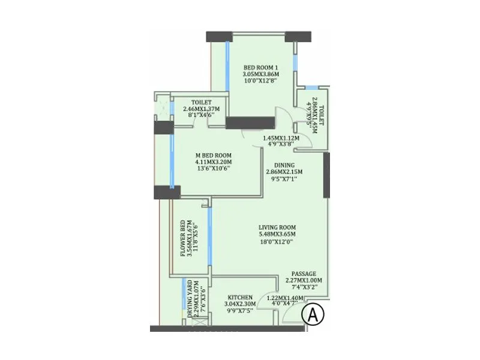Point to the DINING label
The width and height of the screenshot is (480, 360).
click(284, 164)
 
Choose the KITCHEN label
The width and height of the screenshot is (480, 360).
click(240, 297)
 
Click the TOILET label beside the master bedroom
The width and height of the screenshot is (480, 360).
click(202, 102)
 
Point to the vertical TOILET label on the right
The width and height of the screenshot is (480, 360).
click(322, 114)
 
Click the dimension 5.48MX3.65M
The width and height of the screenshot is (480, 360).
click(277, 234)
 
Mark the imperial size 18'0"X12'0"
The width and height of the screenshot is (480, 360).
click(277, 242)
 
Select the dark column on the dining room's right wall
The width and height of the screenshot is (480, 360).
click(326, 175)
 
